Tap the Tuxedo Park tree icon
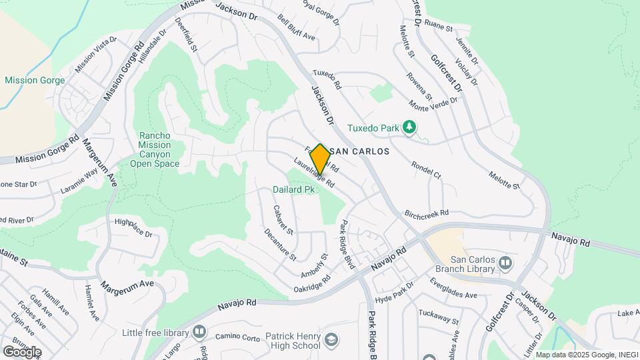410,127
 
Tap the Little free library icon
198,332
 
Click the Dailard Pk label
293,190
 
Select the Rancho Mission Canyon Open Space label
155,149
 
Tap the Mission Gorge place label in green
35,81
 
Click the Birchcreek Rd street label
427,213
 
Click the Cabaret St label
283,219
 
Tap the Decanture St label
279,244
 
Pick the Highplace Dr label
133,228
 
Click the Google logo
22,351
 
